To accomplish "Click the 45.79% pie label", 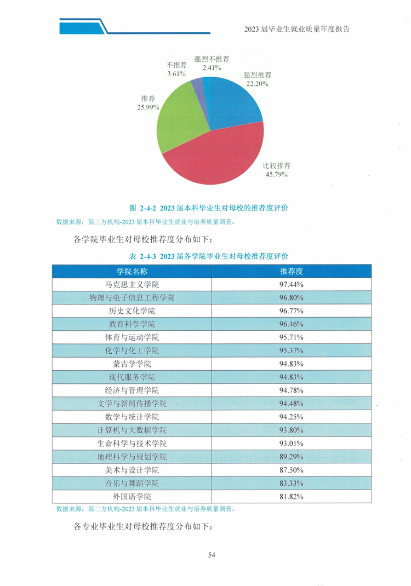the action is click(276, 175).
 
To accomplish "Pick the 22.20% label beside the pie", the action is click(258, 84).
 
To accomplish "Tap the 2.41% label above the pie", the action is click(212, 68).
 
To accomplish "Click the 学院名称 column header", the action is click(132, 271).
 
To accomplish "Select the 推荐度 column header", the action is click(292, 271).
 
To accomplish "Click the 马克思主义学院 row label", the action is click(132, 285).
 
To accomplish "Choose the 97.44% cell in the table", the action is click(292, 285).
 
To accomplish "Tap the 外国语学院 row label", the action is click(132, 497).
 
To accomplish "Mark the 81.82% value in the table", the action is click(292, 497).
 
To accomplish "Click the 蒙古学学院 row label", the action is click(132, 364).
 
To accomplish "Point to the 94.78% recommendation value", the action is click(292, 390).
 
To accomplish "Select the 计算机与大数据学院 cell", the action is click(132, 430).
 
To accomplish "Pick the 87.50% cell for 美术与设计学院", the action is click(292, 470).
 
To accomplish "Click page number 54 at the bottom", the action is click(212, 555).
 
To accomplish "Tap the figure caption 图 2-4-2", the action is click(209, 208).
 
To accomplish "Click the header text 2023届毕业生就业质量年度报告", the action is click(297, 29).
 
